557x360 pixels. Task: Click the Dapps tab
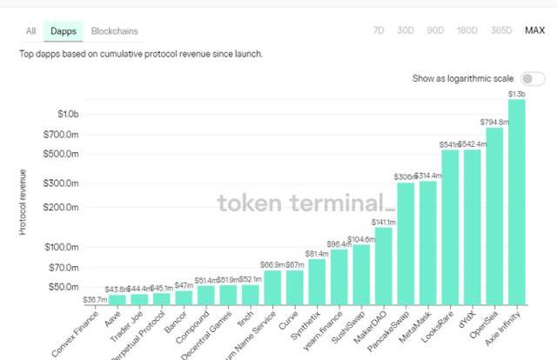(x=63, y=31)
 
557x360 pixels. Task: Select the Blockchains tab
(x=114, y=31)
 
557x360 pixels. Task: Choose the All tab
(x=30, y=31)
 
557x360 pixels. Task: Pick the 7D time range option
(x=379, y=30)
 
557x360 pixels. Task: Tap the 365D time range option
(x=501, y=30)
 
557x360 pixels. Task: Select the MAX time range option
(x=534, y=30)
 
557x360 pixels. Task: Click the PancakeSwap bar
(x=406, y=243)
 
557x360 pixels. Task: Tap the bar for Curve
(x=295, y=286)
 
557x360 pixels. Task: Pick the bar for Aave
(x=117, y=298)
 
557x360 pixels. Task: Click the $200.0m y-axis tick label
(x=64, y=207)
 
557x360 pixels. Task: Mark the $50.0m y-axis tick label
(x=65, y=287)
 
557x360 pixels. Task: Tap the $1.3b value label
(x=516, y=93)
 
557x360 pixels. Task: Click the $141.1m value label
(x=384, y=222)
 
